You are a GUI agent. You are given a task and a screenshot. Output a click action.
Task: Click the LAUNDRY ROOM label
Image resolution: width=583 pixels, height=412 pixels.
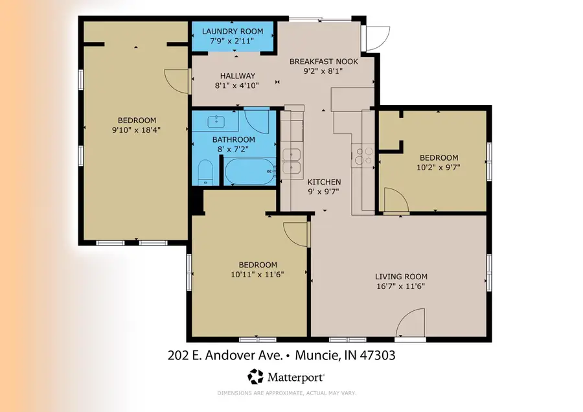click(233, 31)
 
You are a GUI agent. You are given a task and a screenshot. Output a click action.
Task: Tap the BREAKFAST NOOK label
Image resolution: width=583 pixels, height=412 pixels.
click(324, 62)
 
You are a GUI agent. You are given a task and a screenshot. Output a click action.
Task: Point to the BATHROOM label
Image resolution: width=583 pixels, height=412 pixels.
click(234, 139)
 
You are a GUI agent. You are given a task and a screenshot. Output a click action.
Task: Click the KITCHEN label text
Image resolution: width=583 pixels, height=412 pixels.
click(324, 182)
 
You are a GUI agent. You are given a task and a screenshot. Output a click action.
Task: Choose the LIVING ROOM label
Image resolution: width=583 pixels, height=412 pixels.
click(401, 277)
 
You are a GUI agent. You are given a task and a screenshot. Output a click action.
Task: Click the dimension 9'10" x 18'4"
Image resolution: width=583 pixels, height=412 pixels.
click(137, 130)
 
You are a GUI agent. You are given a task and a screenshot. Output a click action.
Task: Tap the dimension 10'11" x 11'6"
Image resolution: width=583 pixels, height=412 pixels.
click(258, 274)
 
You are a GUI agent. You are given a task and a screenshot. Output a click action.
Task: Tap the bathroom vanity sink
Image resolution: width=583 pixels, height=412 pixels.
click(214, 121)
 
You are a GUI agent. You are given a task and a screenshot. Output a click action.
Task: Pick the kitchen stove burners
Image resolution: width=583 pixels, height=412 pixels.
click(361, 156)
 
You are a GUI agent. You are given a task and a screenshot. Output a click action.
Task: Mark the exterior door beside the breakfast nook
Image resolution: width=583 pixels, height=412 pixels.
click(376, 38)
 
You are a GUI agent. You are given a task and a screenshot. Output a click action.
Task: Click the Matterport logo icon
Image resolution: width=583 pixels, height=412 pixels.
click(257, 376)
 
